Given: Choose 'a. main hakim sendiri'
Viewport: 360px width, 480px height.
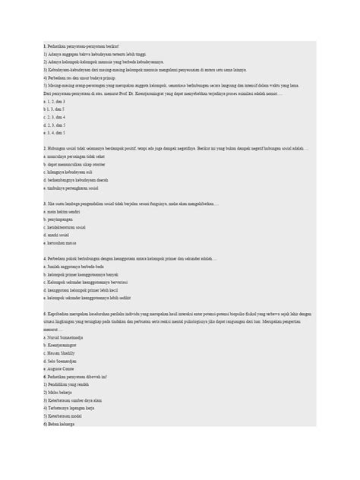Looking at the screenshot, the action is pos(64,212).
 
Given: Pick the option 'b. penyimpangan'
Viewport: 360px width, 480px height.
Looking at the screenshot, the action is pos(61,220).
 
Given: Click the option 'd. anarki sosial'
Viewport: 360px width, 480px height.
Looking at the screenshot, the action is pos(61,236).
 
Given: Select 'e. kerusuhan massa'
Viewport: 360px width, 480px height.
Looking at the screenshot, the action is pos(63,245).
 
